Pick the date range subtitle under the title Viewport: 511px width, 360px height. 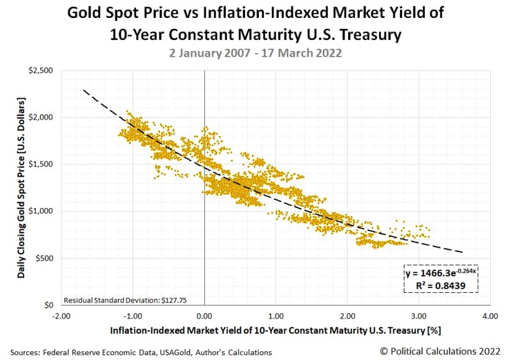[255, 52]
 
